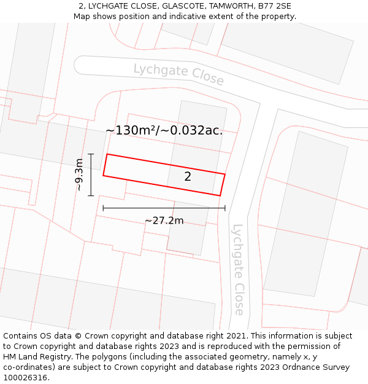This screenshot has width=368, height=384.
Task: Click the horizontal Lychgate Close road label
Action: (178, 74)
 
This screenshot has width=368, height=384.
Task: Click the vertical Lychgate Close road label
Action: (238, 269)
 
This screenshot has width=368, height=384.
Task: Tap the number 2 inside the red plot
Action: (188, 177)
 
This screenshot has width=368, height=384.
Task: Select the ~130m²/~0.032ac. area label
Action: (164, 130)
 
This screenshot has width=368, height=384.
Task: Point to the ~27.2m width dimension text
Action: (164, 221)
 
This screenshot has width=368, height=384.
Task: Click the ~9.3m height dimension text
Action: (79, 175)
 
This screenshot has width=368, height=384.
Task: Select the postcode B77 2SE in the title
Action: (275, 6)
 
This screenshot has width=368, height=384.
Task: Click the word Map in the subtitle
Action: (83, 17)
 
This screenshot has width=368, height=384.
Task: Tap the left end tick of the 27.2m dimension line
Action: (103, 208)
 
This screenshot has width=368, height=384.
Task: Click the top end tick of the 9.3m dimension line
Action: (91, 154)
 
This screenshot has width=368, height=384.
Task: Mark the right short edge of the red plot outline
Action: (223, 185)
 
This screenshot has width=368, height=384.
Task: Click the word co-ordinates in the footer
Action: (28, 367)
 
